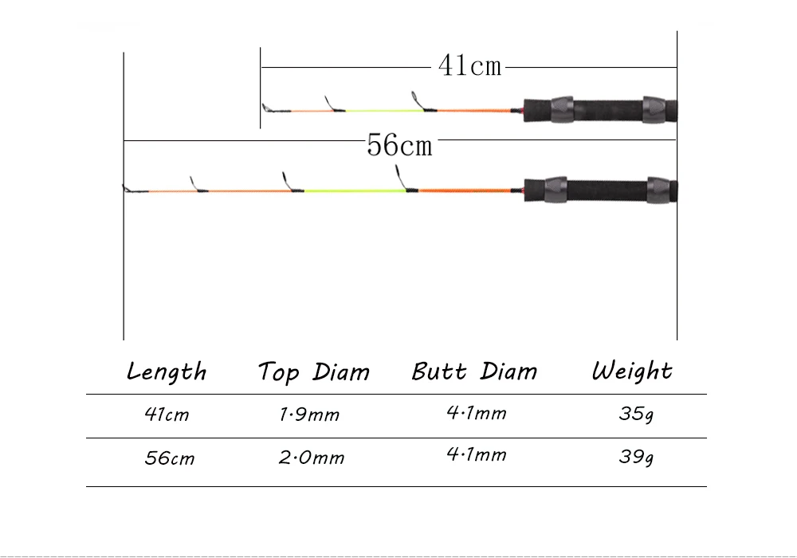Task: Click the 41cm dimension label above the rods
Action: click(x=470, y=66)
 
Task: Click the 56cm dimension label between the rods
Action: click(x=399, y=144)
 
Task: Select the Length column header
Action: click(x=167, y=371)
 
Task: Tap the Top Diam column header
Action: click(x=313, y=372)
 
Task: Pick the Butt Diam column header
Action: click(x=474, y=371)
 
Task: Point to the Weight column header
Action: click(x=632, y=371)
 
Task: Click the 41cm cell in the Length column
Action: click(x=167, y=415)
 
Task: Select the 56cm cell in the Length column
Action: click(x=169, y=458)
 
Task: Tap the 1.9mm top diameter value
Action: click(x=309, y=415)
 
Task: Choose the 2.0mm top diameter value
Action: click(x=311, y=458)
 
